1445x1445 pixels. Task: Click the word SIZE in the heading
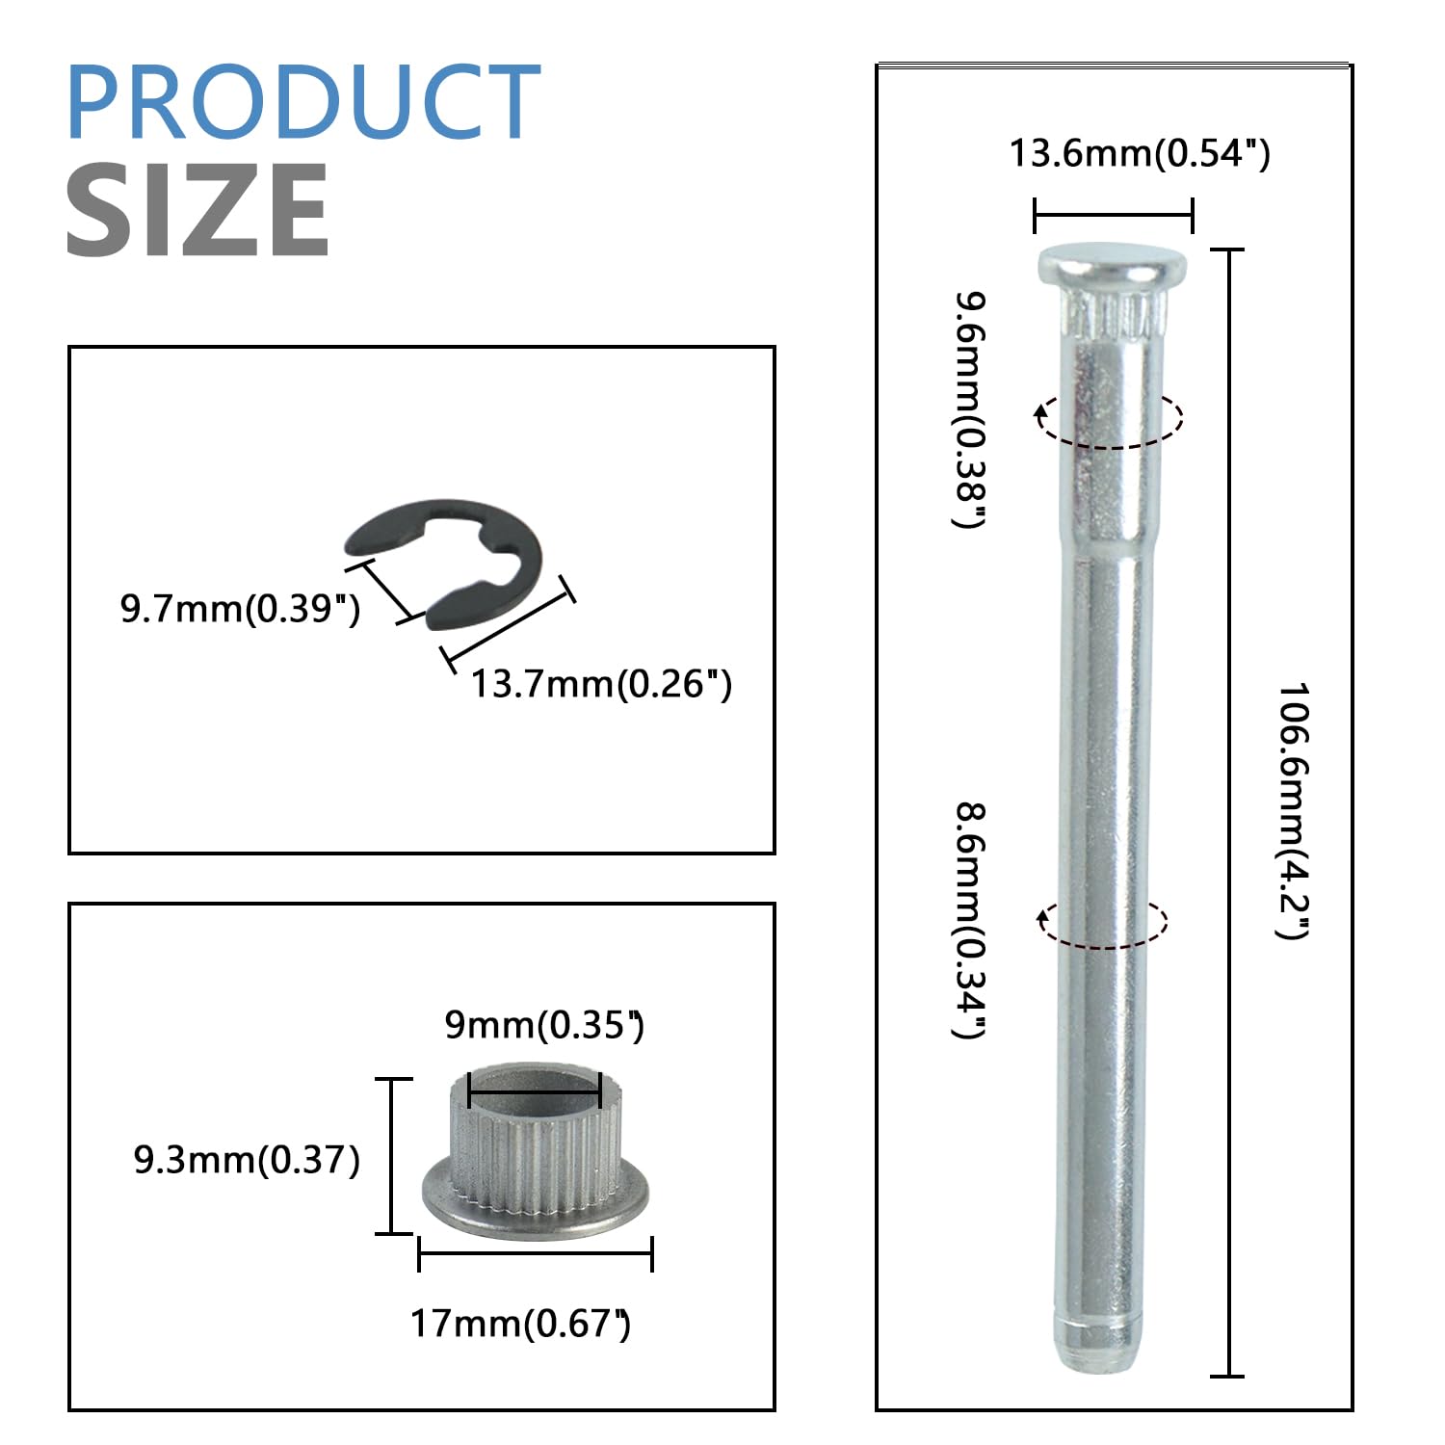point(197,210)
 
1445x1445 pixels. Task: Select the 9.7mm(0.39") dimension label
point(240,610)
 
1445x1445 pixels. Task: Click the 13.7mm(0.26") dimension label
point(601,684)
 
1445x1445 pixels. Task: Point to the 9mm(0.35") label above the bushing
point(544,1024)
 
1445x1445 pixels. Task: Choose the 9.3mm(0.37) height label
point(247,1160)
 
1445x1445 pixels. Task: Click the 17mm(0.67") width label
point(521,1324)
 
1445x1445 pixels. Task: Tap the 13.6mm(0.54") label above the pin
point(1140,153)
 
